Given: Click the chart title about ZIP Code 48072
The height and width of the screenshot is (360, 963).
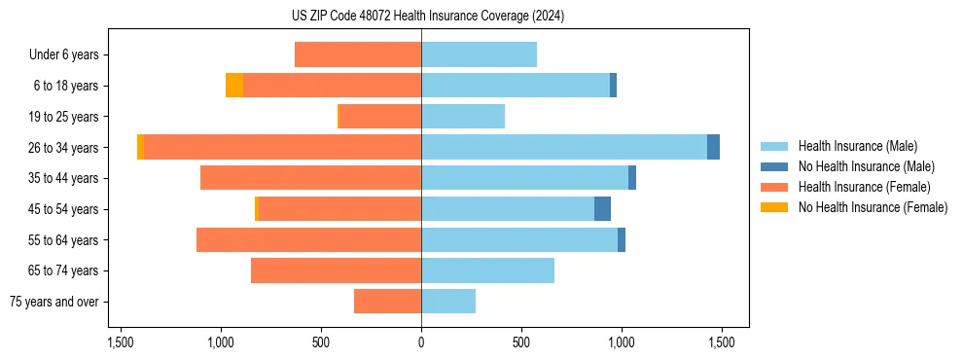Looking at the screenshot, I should pyautogui.click(x=421, y=17).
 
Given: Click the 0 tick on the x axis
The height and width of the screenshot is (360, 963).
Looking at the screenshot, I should pyautogui.click(x=421, y=342).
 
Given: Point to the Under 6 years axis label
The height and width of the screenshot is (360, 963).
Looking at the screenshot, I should pyautogui.click(x=63, y=55).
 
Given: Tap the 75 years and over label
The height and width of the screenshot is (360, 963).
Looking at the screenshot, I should pyautogui.click(x=53, y=302).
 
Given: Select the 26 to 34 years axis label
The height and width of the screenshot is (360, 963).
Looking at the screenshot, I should pyautogui.click(x=63, y=148).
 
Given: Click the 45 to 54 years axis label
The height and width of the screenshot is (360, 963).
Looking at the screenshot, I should pyautogui.click(x=63, y=209).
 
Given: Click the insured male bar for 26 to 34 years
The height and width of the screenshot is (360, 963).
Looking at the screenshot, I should pyautogui.click(x=564, y=147).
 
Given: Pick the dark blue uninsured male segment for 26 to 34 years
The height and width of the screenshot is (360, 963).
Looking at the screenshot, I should pyautogui.click(x=713, y=147).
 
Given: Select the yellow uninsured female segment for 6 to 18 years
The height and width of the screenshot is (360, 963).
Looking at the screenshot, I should pyautogui.click(x=234, y=86).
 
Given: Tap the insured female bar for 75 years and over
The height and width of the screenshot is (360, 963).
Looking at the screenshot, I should pyautogui.click(x=387, y=302).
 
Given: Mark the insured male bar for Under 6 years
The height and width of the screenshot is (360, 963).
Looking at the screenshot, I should pyautogui.click(x=479, y=54).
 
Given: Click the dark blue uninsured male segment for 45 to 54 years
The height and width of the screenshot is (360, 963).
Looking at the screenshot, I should pyautogui.click(x=602, y=209).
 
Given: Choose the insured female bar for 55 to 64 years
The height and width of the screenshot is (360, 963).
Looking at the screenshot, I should pyautogui.click(x=308, y=239).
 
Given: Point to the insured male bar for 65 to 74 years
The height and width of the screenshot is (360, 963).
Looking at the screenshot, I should pyautogui.click(x=487, y=270).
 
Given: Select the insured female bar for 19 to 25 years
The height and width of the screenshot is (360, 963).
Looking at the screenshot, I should pyautogui.click(x=379, y=117).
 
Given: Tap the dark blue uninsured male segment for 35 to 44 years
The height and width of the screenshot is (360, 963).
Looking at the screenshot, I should pyautogui.click(x=632, y=178).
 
